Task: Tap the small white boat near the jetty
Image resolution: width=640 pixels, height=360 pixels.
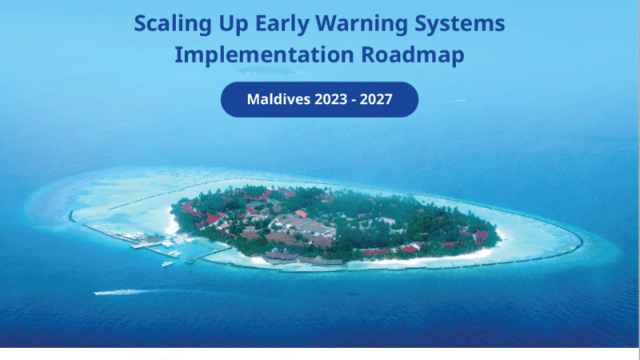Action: pos(167,263)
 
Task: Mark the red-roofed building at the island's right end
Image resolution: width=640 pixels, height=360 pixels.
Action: pos(480,235)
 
